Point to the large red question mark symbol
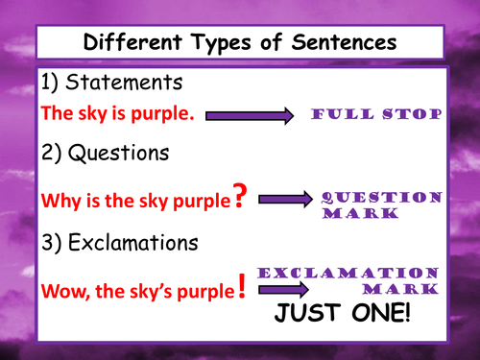241,198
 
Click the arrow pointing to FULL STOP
248,115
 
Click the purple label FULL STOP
376,114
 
